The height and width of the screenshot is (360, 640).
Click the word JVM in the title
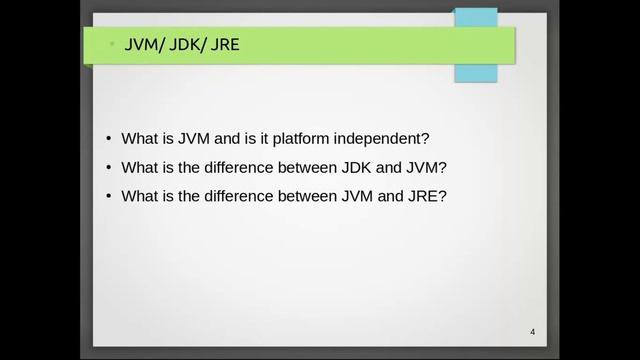[143, 46]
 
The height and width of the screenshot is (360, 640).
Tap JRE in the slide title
[226, 46]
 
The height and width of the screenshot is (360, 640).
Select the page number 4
[533, 332]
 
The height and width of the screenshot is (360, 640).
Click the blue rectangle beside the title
[476, 45]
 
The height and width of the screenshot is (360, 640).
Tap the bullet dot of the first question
[109, 139]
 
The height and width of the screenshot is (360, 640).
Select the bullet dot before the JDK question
[109, 167]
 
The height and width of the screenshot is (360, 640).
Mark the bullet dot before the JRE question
[109, 196]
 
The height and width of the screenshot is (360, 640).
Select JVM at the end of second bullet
[427, 167]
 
